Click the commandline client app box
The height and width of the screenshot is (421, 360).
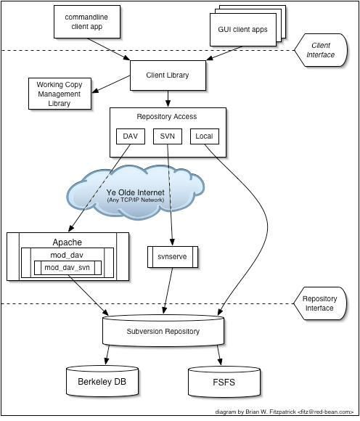87,22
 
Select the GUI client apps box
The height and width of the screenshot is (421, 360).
243,30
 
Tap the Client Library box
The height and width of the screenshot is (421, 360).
168,75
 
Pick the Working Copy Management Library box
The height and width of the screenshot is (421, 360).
60,94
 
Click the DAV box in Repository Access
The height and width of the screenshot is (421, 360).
131,136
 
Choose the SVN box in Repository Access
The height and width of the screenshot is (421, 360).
168,136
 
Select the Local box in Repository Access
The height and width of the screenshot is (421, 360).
205,136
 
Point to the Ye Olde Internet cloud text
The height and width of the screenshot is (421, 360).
135,192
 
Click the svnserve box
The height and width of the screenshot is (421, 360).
173,257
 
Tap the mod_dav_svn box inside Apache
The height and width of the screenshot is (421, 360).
67,268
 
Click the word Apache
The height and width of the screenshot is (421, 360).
67,242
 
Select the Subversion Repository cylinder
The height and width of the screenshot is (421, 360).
163,330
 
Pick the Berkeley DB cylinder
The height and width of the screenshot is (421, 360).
102,381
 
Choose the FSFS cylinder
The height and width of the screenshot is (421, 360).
224,382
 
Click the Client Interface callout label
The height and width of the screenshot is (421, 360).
321,50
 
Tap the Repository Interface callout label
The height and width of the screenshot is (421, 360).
320,303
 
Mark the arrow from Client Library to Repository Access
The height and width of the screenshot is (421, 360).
168,99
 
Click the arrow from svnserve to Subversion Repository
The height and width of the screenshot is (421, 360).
168,291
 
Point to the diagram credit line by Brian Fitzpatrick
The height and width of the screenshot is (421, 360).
285,412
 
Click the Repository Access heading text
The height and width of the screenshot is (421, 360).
167,117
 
